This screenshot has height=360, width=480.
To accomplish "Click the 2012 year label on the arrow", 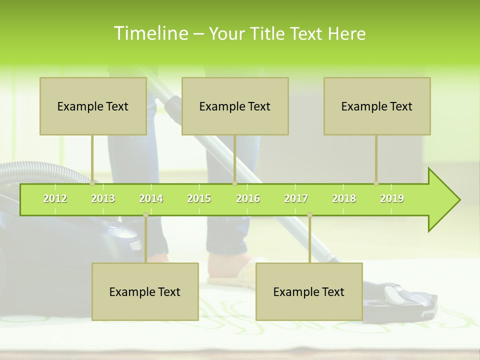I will pyautogui.click(x=55, y=198).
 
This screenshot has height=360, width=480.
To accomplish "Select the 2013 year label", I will pyautogui.click(x=103, y=198).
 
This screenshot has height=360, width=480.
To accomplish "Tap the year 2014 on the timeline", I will pyautogui.click(x=151, y=198).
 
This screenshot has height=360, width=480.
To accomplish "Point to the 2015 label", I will pyautogui.click(x=199, y=198).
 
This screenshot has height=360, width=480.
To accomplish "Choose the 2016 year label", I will pyautogui.click(x=248, y=198).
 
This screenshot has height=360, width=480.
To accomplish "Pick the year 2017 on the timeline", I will pyautogui.click(x=296, y=198).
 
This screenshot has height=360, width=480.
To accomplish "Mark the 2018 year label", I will pyautogui.click(x=344, y=198).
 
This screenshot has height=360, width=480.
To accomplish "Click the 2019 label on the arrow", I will pyautogui.click(x=392, y=198).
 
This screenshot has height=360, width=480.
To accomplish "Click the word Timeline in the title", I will pyautogui.click(x=150, y=33).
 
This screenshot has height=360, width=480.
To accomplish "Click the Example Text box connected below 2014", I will pyautogui.click(x=145, y=292).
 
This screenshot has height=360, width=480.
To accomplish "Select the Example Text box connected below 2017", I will pyautogui.click(x=309, y=292).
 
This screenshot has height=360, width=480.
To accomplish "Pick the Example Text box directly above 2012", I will pyautogui.click(x=93, y=106).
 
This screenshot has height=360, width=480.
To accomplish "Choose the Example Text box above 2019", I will pyautogui.click(x=377, y=106).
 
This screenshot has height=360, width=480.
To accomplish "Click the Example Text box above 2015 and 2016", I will pyautogui.click(x=235, y=106).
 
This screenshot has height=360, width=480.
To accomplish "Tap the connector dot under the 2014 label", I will pyautogui.click(x=145, y=215).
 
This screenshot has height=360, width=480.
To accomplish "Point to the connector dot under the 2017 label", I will pyautogui.click(x=309, y=215).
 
